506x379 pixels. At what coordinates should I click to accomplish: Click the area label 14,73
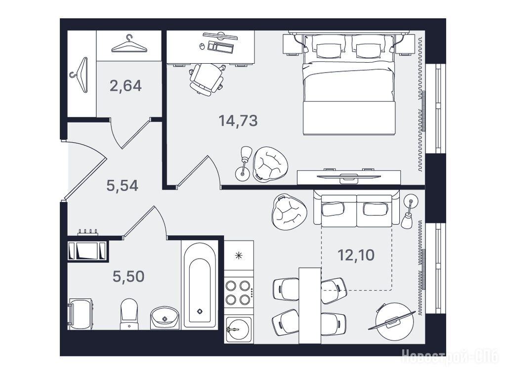click(x=238, y=121)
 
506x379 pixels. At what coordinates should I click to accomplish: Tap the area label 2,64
click(x=126, y=86)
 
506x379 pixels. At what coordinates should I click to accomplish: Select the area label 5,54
click(x=123, y=186)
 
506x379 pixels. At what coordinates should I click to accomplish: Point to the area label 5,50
click(x=128, y=276)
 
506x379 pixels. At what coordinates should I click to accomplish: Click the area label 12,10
click(x=356, y=255)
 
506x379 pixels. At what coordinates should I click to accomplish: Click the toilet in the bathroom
click(x=129, y=313)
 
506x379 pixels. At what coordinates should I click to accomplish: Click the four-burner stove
click(x=239, y=293)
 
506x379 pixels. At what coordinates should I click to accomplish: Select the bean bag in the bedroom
click(x=270, y=163)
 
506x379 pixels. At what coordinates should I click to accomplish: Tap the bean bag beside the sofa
click(x=289, y=212)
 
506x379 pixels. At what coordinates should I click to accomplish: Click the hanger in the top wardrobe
click(x=129, y=44)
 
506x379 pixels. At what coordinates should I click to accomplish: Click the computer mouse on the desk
click(x=202, y=46)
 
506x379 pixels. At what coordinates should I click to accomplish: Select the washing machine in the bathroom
click(x=81, y=314)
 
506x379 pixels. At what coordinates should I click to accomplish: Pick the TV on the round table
click(x=392, y=320)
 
